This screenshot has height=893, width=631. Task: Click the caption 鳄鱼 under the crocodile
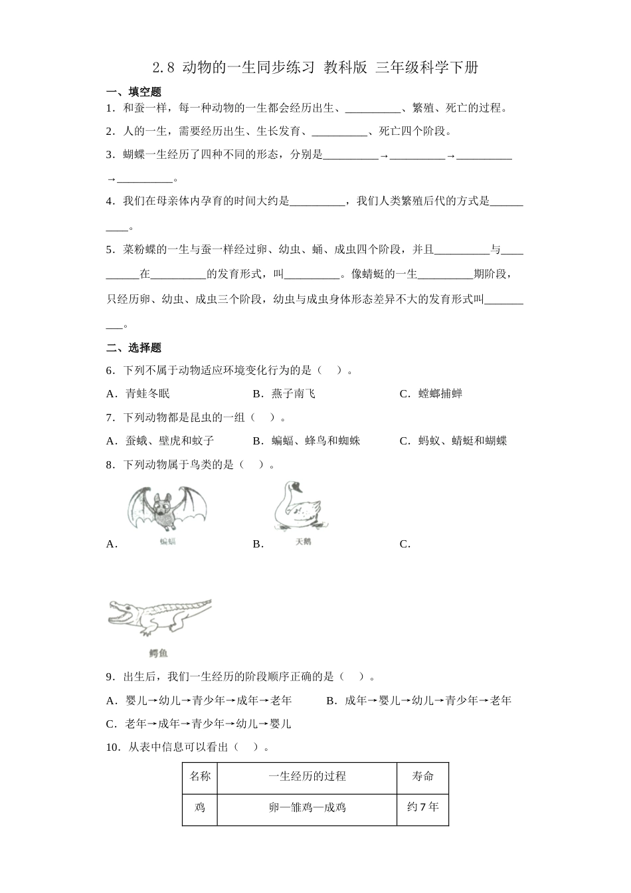click(x=159, y=654)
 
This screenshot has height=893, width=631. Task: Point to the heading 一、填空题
click(x=134, y=92)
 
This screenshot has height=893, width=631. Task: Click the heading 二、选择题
click(x=134, y=347)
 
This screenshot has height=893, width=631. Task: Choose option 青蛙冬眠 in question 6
click(x=147, y=393)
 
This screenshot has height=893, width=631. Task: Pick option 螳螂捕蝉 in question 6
click(x=440, y=393)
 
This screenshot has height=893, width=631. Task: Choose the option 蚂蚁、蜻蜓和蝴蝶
click(x=462, y=441)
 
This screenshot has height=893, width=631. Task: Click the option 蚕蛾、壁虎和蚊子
click(x=169, y=441)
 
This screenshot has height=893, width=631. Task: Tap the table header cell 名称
click(x=200, y=776)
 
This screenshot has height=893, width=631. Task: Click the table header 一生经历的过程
click(x=307, y=776)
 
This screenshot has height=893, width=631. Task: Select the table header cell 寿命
click(x=422, y=776)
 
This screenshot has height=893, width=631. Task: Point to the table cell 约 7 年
click(x=422, y=807)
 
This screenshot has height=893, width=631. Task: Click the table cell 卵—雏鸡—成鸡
click(x=307, y=808)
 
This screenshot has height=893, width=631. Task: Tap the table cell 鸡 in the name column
click(x=200, y=808)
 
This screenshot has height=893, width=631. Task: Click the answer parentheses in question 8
click(x=252, y=464)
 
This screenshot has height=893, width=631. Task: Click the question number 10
click(x=112, y=747)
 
